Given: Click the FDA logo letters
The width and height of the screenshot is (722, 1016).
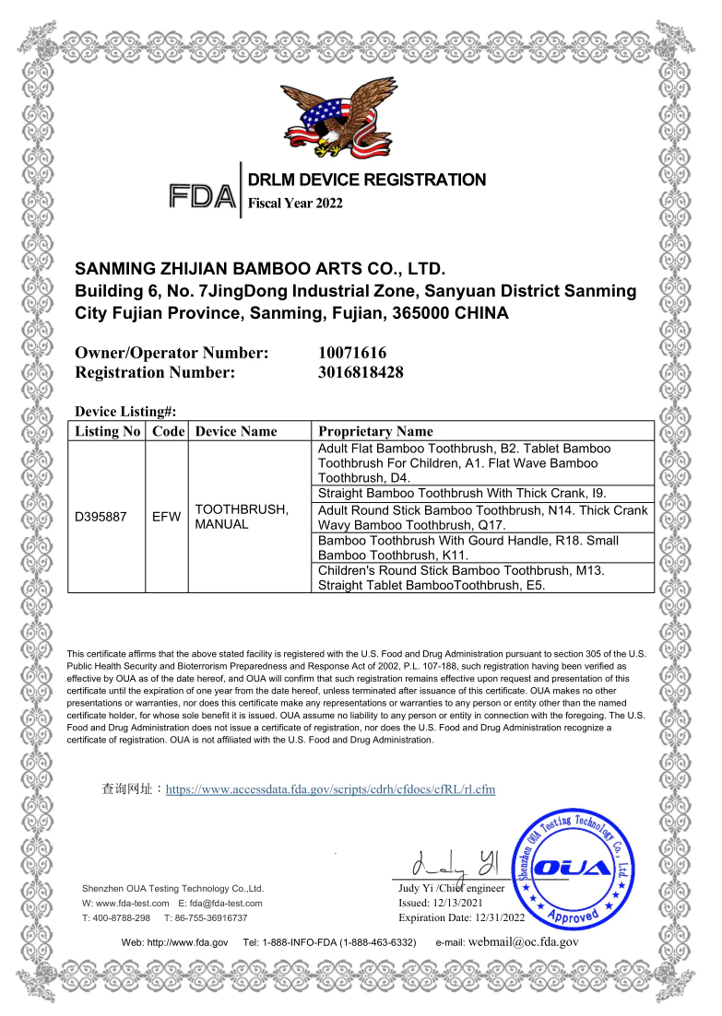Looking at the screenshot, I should pyautogui.click(x=202, y=194).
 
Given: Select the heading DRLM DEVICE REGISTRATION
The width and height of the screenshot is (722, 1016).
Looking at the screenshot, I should pyautogui.click(x=366, y=180).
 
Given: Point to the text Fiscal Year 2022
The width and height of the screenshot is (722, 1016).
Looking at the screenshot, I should pyautogui.click(x=295, y=204).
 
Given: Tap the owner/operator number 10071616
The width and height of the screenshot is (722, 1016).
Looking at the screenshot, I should pyautogui.click(x=351, y=353).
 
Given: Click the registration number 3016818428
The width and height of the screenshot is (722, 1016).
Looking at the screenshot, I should pyautogui.click(x=361, y=373).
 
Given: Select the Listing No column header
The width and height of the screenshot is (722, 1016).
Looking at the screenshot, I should pyautogui.click(x=107, y=431).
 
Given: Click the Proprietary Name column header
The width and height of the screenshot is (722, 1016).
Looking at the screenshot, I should pyautogui.click(x=374, y=431).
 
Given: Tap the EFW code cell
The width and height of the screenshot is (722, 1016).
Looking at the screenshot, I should pyautogui.click(x=166, y=517).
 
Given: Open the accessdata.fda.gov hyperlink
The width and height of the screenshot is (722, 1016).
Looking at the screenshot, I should pyautogui.click(x=330, y=789).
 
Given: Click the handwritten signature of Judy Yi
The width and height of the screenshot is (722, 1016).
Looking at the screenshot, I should pyautogui.click(x=456, y=865).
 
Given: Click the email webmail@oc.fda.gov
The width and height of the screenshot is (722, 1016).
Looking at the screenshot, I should pyautogui.click(x=524, y=942).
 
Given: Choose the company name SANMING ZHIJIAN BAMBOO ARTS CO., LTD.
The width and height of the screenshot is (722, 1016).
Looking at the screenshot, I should pyautogui.click(x=260, y=270).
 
